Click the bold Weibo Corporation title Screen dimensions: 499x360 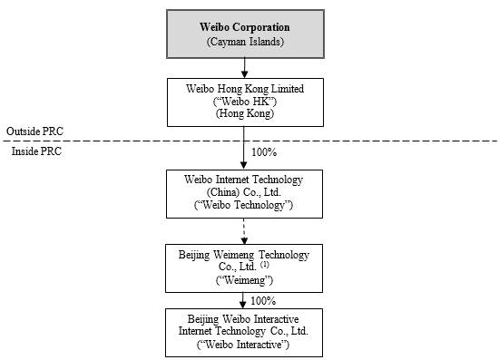click(245, 27)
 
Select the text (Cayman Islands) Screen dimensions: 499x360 click(245, 42)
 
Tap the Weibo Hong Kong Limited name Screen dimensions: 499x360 click(245, 88)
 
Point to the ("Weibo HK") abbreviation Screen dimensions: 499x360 click(245, 102)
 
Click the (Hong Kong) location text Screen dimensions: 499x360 click(245, 113)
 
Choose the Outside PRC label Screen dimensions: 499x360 click(34, 131)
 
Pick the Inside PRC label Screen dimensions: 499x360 click(36, 151)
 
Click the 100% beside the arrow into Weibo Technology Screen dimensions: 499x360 click(264, 152)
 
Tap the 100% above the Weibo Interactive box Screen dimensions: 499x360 click(263, 301)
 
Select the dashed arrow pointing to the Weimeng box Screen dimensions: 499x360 click(244, 231)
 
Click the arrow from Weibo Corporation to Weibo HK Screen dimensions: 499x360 click(244, 68)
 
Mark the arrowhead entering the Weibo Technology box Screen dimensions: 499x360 click(243, 165)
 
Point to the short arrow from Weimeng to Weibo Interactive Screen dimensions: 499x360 click(243, 300)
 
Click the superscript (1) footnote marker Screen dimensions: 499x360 click(264, 264)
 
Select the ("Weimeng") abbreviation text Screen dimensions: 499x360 click(244, 280)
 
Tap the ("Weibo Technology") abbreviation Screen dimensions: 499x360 click(243, 205)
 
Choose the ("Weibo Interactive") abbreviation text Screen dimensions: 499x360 click(243, 345)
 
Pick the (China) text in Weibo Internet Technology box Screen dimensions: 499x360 click(223, 192)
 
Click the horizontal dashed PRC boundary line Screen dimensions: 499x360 click(249, 141)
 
